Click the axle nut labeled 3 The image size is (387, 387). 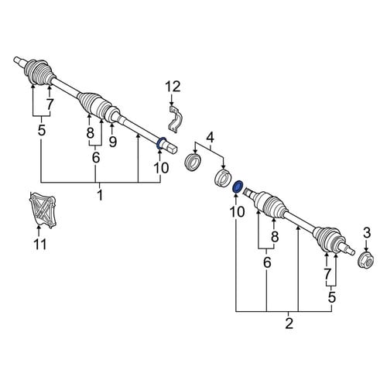pyautogui.click(x=366, y=260)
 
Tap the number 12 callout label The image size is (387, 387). pyautogui.click(x=173, y=87)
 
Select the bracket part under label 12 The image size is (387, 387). pyautogui.click(x=175, y=119)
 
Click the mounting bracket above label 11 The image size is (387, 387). pyautogui.click(x=43, y=211)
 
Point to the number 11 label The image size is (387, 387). pyautogui.click(x=40, y=244)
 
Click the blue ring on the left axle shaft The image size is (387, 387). pyautogui.click(x=161, y=143)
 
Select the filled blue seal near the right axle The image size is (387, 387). pyautogui.click(x=238, y=187)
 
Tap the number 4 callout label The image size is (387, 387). pyautogui.click(x=211, y=138)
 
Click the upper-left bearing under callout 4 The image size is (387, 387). pyautogui.click(x=193, y=162)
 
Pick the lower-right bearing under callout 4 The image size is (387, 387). pyautogui.click(x=223, y=177)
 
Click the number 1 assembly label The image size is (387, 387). pyautogui.click(x=100, y=194)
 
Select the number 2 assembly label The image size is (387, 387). pyautogui.click(x=289, y=323)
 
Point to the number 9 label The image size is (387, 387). pyautogui.click(x=113, y=142)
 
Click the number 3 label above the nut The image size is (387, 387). pyautogui.click(x=367, y=232)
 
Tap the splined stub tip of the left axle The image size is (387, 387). pyautogui.click(x=19, y=60)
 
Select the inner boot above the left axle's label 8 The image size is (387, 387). pyautogui.click(x=94, y=105)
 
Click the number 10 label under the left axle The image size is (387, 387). pyautogui.click(x=161, y=168)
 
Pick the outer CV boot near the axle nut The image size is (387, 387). pyautogui.click(x=328, y=238)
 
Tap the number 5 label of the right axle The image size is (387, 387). pyautogui.click(x=332, y=297)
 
